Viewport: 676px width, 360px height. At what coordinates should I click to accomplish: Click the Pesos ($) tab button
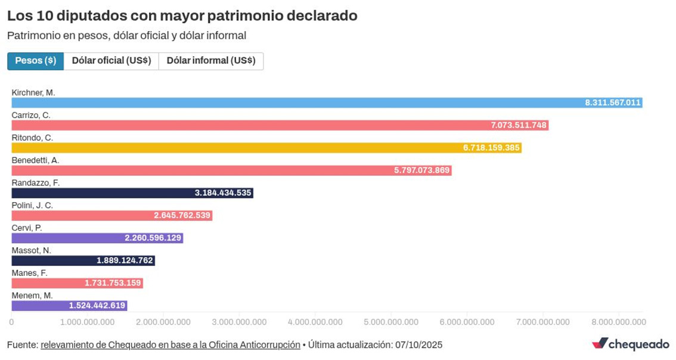tap(35, 61)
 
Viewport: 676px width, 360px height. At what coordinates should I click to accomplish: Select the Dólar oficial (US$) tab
tap(111, 61)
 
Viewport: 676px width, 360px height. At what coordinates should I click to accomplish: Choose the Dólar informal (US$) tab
tap(210, 61)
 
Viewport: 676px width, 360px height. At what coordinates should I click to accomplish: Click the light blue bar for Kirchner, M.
tap(298, 103)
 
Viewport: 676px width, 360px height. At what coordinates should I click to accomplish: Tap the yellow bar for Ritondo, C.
tap(238, 148)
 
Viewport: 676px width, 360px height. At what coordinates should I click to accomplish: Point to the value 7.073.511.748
tap(518, 125)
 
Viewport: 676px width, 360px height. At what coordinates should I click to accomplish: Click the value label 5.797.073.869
tap(421, 170)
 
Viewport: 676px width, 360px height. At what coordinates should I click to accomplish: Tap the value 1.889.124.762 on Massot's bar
tap(125, 260)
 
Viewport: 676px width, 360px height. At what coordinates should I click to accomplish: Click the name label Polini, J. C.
tap(32, 205)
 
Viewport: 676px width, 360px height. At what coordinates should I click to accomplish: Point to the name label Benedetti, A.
tap(35, 160)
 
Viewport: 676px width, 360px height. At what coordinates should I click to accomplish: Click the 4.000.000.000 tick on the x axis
tap(315, 322)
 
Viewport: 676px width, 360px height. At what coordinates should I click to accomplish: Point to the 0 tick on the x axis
tap(11, 322)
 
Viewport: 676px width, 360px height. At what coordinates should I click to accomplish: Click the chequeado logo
tap(630, 344)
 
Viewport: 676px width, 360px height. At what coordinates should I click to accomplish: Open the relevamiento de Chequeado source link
tap(170, 345)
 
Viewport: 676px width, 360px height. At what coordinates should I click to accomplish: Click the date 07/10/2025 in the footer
tap(418, 345)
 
